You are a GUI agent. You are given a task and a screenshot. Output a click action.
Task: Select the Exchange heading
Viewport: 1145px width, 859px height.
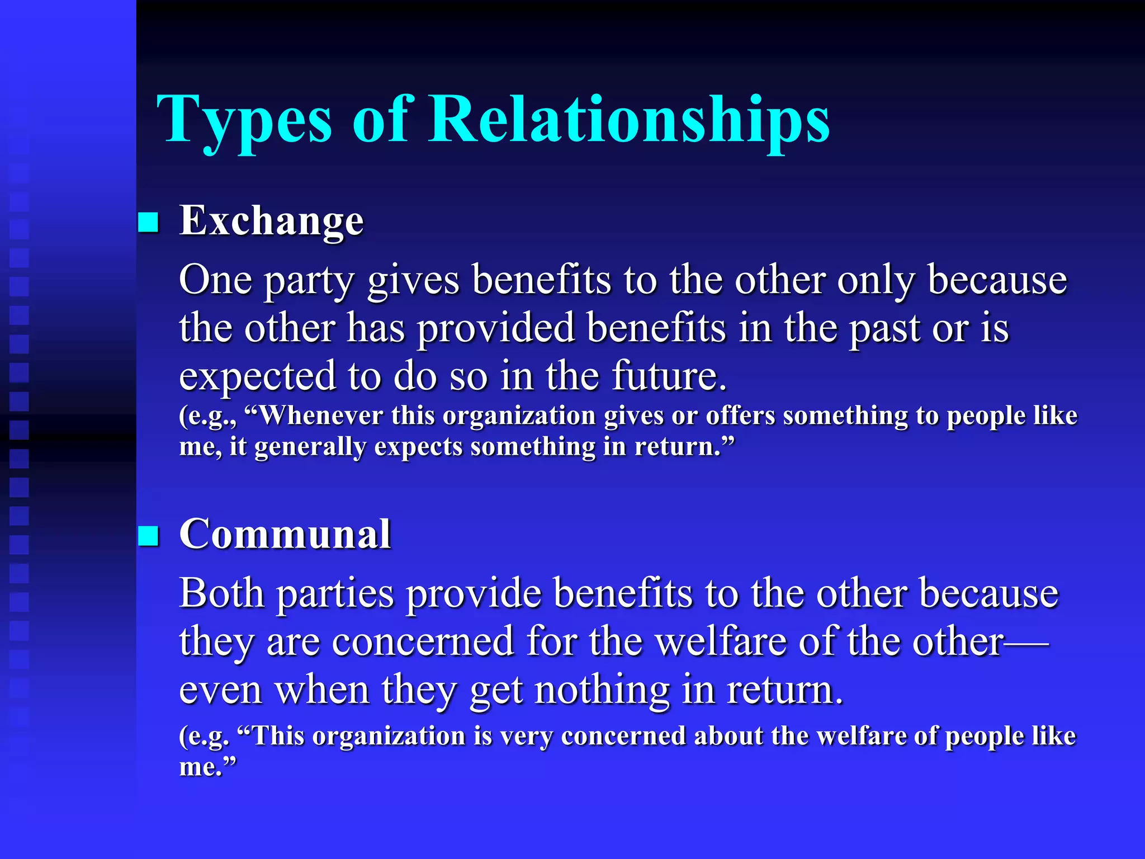pyautogui.click(x=271, y=221)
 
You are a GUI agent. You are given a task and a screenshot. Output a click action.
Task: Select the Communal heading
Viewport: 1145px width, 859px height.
pyautogui.click(x=285, y=534)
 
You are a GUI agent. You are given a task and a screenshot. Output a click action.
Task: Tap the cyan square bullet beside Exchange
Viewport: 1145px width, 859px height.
pyautogui.click(x=149, y=222)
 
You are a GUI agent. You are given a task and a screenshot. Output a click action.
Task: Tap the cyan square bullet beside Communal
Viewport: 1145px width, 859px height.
pyautogui.click(x=149, y=535)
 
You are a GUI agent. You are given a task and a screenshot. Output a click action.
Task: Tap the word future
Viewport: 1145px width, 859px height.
pyautogui.click(x=669, y=376)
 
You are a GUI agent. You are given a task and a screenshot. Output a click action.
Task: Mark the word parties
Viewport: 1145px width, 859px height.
pyautogui.click(x=335, y=594)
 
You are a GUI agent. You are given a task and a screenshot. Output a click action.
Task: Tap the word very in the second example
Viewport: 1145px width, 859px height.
pyautogui.click(x=526, y=736)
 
